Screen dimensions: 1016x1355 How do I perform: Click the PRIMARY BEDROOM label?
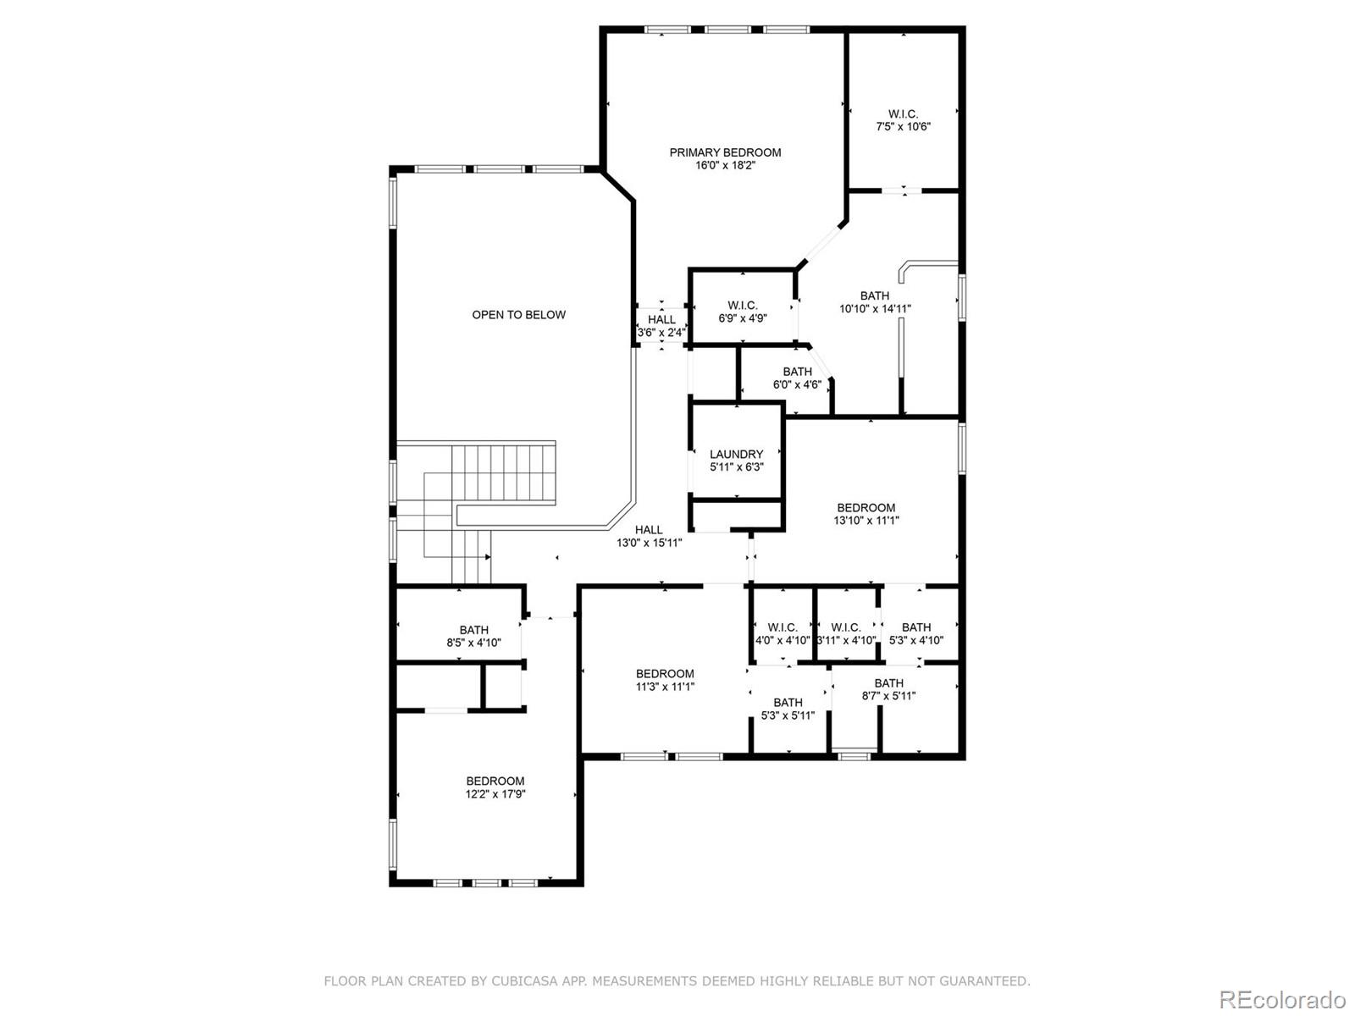(x=725, y=153)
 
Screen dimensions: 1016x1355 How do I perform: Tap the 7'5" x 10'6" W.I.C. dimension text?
(x=903, y=126)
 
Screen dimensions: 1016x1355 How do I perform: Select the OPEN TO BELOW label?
(x=518, y=315)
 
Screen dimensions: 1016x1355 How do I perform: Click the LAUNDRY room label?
(x=736, y=455)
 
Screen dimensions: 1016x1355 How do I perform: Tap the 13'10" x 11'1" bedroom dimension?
(x=866, y=521)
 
